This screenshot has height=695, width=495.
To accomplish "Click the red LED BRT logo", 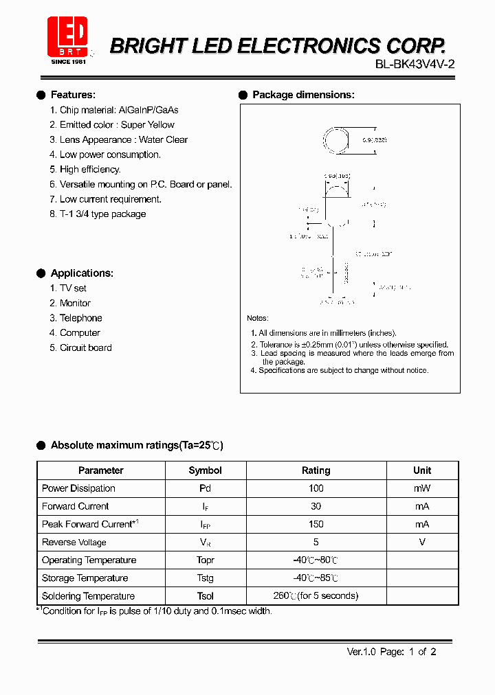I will (67, 38).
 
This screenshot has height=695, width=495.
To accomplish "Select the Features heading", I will (73, 95).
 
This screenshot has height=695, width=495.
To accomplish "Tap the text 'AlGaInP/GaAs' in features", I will (148, 110).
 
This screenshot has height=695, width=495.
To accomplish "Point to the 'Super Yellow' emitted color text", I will (148, 125).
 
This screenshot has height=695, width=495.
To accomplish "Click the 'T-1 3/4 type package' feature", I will (102, 214).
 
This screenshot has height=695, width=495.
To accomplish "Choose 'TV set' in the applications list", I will (73, 288).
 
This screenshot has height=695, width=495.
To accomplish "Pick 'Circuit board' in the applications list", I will (85, 347).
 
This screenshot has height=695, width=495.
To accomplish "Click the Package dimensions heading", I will (303, 95).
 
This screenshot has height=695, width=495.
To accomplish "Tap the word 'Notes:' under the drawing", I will (258, 318).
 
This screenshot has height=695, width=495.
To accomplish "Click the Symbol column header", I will (205, 470).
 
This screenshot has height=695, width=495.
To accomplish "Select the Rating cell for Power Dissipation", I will (316, 488).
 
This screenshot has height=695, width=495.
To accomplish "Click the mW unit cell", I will (422, 488).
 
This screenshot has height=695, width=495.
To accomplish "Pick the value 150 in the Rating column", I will (316, 524).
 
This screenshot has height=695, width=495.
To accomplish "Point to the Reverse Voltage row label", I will (74, 542).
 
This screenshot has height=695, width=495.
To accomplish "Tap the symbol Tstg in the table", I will (205, 578).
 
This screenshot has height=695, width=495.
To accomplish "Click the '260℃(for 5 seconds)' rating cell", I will (316, 596).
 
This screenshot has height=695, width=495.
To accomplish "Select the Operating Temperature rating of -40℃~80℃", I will (316, 560).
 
